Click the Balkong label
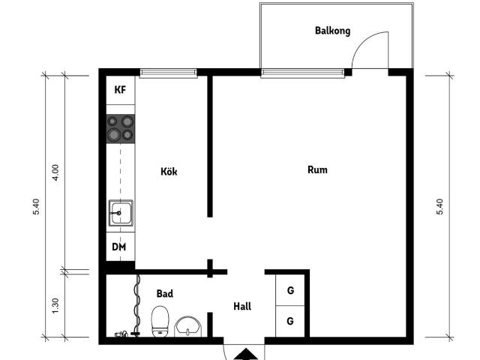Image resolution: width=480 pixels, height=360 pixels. pyautogui.click(x=332, y=31)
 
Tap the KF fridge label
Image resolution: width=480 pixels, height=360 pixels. pyautogui.click(x=120, y=90)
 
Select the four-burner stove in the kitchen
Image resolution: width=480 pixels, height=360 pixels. pyautogui.click(x=120, y=128)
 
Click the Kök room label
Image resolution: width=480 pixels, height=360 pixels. pyautogui.click(x=169, y=171)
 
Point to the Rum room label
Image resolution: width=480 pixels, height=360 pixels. pyautogui.click(x=317, y=169)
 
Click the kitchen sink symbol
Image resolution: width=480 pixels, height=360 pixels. pyautogui.click(x=120, y=213)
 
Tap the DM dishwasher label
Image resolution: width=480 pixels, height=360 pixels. pyautogui.click(x=119, y=247)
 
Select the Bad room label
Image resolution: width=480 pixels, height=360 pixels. pyautogui.click(x=164, y=294)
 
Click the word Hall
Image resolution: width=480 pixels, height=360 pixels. pyautogui.click(x=242, y=306)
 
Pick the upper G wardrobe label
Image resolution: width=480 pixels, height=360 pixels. pyautogui.click(x=289, y=289)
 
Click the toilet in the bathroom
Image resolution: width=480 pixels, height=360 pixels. pyautogui.click(x=160, y=322)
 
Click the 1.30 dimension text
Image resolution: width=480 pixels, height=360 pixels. pyautogui.click(x=55, y=306)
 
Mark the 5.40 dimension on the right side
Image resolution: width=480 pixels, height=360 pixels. pyautogui.click(x=440, y=207)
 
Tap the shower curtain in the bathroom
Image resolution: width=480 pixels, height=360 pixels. pyautogui.click(x=136, y=304)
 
